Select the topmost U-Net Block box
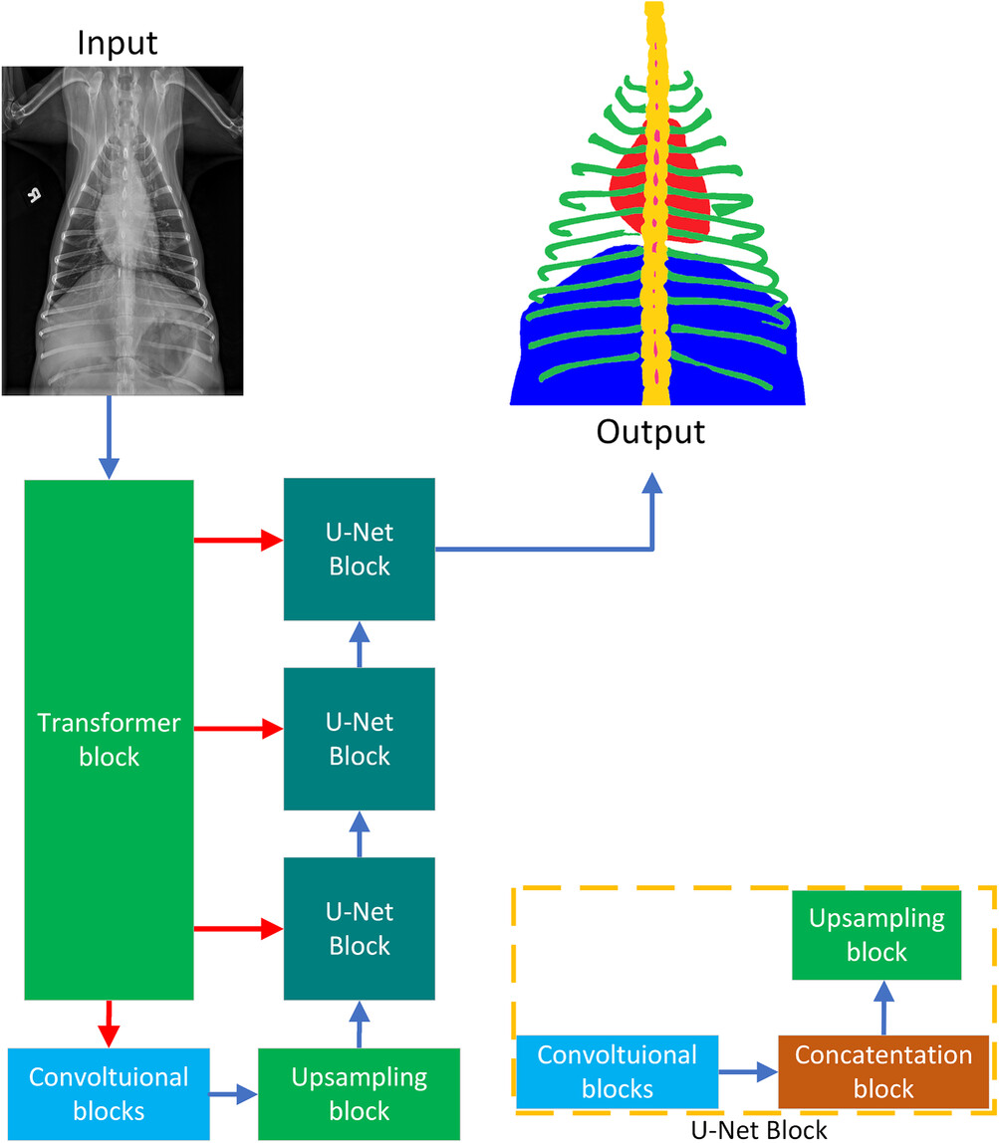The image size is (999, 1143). pyautogui.click(x=360, y=549)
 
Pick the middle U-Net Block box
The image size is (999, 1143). pyautogui.click(x=360, y=738)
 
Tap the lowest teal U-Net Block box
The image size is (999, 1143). pyautogui.click(x=360, y=928)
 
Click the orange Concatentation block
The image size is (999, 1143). pyautogui.click(x=884, y=1072)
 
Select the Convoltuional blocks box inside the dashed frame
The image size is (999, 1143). pyautogui.click(x=617, y=1071)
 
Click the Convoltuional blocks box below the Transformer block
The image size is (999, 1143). pyautogui.click(x=109, y=1092)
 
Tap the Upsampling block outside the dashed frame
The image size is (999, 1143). pyautogui.click(x=360, y=1092)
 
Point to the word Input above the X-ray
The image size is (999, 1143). pyautogui.click(x=119, y=44)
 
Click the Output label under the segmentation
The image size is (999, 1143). pyautogui.click(x=651, y=432)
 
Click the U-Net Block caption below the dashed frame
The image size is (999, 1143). pyautogui.click(x=758, y=1130)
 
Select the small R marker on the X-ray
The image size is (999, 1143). pyautogui.click(x=33, y=195)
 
